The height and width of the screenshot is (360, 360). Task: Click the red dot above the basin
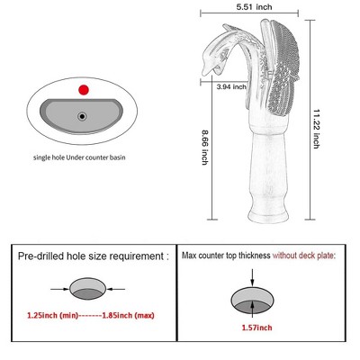point(84,90)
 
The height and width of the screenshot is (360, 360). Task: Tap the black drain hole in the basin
point(82,116)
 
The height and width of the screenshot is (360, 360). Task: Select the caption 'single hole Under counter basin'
point(79,157)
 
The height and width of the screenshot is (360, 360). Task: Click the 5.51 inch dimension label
point(254,7)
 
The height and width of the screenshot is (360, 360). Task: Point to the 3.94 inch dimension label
point(231,87)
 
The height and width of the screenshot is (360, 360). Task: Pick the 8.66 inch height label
point(205,147)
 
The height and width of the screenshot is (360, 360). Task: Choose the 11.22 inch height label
point(317,129)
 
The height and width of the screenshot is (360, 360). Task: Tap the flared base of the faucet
point(268,213)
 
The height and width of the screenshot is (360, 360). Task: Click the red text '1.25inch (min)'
point(53,316)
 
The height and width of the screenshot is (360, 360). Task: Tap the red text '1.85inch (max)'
point(128,316)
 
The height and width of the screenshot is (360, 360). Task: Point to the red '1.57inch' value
point(257,328)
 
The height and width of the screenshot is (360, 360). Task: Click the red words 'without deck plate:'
point(304,256)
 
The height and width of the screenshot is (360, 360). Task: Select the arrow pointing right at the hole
point(59,289)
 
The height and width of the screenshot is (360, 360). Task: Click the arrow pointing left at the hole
point(116,289)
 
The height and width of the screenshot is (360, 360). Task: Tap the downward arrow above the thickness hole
point(252,277)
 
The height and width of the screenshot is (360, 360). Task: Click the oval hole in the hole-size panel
point(88,289)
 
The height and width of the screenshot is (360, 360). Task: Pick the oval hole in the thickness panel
point(253,301)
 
